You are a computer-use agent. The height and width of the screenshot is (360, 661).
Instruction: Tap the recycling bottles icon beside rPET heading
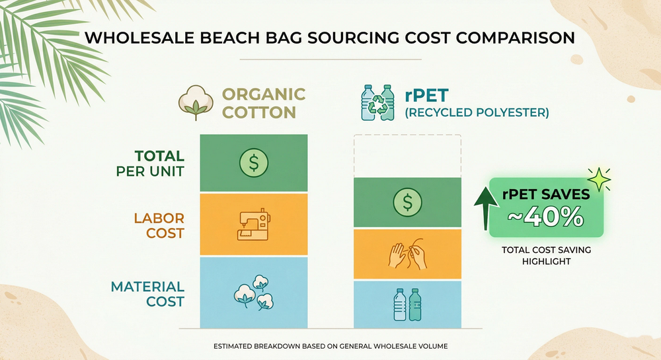pos(377,102)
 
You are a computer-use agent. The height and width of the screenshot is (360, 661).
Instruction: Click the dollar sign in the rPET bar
pos(407,202)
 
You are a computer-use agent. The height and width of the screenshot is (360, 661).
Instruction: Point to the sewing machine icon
pos(254,224)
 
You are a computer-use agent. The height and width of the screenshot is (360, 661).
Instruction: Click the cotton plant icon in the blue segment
pos(253,293)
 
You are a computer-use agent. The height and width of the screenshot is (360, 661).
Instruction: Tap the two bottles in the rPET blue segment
pos(407,305)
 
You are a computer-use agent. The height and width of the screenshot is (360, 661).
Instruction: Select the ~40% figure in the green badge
pos(545,217)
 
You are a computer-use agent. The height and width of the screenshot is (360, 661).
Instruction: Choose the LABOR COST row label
pos(150,225)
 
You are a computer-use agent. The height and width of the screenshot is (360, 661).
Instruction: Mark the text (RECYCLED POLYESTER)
pos(477,113)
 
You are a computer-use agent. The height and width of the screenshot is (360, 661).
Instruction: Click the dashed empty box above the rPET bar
pos(407,156)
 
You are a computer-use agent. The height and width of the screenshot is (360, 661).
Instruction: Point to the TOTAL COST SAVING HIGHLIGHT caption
pos(546,256)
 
